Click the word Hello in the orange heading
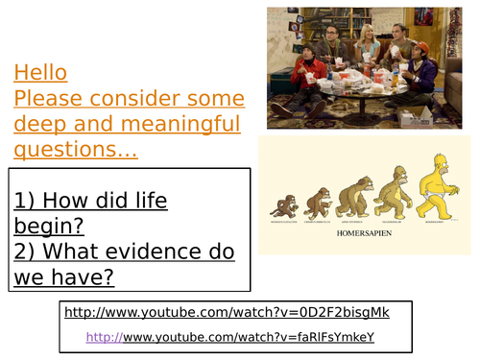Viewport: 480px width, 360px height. tap(40, 73)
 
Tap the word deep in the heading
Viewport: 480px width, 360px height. tap(41, 125)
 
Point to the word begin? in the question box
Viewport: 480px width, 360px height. tap(49, 227)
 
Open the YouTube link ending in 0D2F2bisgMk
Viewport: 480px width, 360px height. tap(227, 312)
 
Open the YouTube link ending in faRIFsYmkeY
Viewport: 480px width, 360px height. tap(248, 337)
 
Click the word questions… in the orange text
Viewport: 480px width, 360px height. tap(76, 150)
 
